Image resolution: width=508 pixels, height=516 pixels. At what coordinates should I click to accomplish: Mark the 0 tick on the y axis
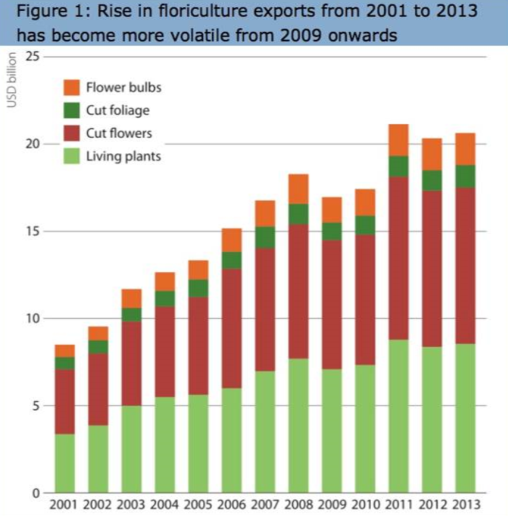click(35, 494)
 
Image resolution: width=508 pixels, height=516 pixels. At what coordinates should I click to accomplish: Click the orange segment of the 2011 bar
click(398, 140)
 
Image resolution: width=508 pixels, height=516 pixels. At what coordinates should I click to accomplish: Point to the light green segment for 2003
click(131, 449)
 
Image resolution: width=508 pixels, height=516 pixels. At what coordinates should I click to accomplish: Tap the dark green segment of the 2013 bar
click(464, 176)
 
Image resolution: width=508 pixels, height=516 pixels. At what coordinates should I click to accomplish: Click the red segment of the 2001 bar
click(65, 401)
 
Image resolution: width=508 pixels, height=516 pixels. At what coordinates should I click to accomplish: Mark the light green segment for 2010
click(365, 429)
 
